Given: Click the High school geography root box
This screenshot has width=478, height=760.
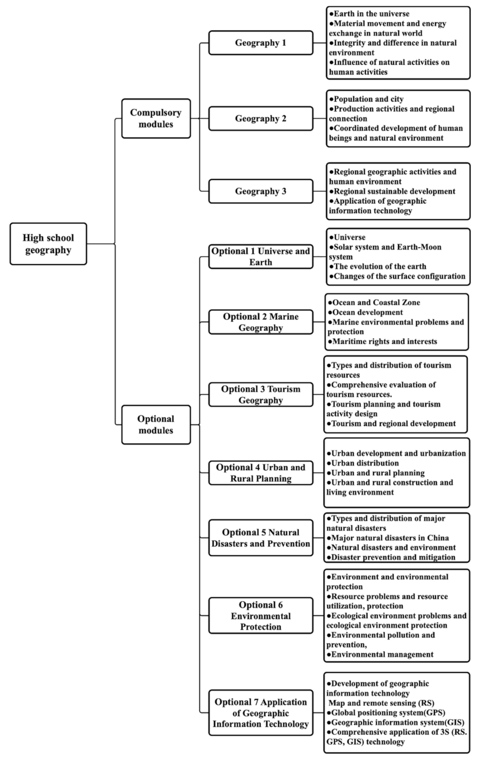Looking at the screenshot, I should tap(48, 244).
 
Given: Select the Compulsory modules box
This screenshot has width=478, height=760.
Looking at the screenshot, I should tap(156, 118).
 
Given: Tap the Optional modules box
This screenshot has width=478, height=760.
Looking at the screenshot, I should tap(156, 424).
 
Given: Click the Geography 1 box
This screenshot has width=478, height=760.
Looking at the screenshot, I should tap(260, 43).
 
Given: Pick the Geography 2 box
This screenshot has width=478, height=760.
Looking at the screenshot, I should tap(260, 119).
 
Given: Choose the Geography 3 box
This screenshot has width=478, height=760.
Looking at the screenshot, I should tap(260, 191).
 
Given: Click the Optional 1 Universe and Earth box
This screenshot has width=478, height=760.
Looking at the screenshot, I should tap(260, 256).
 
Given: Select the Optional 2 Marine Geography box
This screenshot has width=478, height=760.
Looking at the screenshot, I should tap(260, 322).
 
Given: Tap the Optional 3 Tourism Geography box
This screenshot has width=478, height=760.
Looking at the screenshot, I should tap(260, 394).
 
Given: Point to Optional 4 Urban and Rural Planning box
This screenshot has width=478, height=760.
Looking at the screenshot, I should tap(260, 473).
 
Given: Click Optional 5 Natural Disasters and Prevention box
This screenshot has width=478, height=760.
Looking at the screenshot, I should tap(260, 538).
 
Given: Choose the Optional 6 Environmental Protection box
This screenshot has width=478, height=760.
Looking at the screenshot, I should tap(260, 616).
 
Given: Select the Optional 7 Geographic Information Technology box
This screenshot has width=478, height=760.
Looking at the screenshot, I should tap(260, 713).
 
